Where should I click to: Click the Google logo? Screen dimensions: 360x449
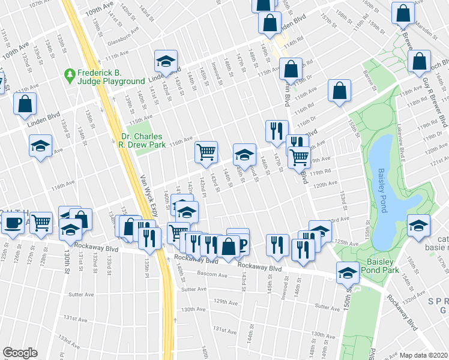20,352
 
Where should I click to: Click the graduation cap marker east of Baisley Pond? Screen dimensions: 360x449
418,224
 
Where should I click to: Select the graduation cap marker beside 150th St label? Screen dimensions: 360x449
348,272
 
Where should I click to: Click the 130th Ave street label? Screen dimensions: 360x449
194,309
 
